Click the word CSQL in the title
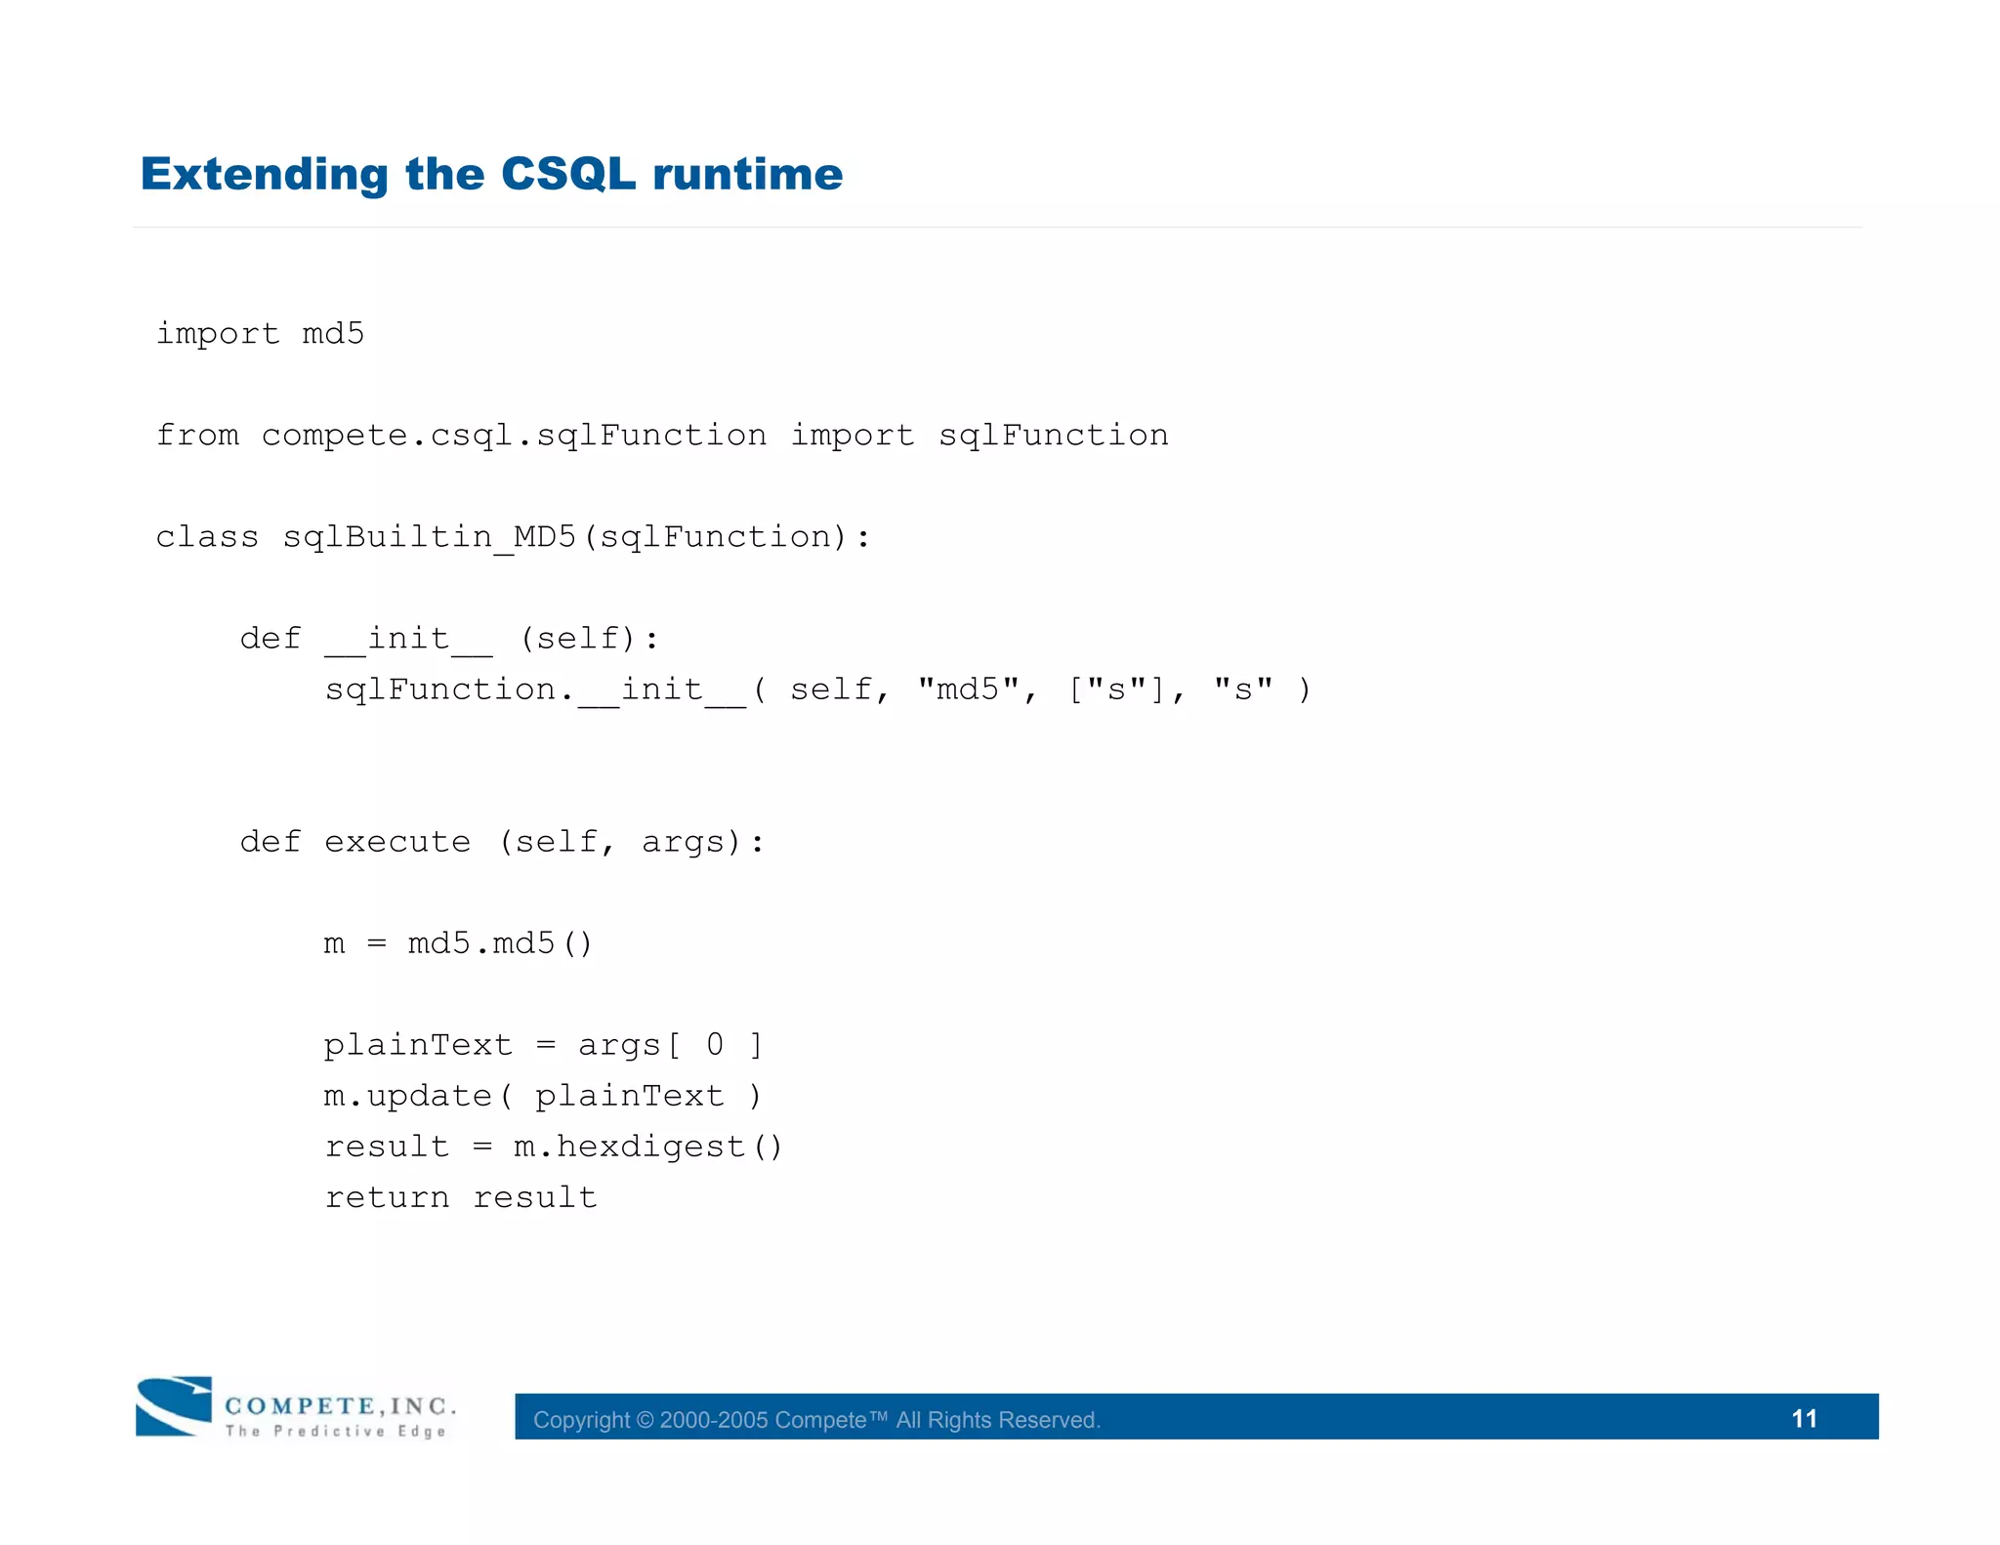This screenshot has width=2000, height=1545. pyautogui.click(x=567, y=175)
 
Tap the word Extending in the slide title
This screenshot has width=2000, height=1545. pyautogui.click(x=265, y=175)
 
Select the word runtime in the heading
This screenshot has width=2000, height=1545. pyautogui.click(x=747, y=175)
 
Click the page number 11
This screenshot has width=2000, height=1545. pyautogui.click(x=1804, y=1418)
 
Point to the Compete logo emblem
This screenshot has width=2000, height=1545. pyautogui.click(x=174, y=1405)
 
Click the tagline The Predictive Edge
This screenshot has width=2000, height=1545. pyautogui.click(x=335, y=1431)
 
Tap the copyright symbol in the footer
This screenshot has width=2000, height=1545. pyautogui.click(x=645, y=1420)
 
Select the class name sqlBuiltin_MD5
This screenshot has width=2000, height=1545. pyautogui.click(x=429, y=537)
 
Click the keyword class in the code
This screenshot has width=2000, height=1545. pyautogui.click(x=207, y=537)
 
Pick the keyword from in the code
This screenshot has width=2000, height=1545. pyautogui.click(x=197, y=436)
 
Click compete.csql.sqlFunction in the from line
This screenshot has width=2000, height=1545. pyautogui.click(x=514, y=436)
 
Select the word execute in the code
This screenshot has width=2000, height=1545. pyautogui.click(x=397, y=842)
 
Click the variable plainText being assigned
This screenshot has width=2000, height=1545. pyautogui.click(x=418, y=1045)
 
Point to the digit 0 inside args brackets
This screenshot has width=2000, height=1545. pyautogui.click(x=715, y=1045)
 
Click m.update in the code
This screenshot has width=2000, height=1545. pyautogui.click(x=407, y=1096)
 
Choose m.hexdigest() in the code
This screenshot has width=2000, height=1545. pyautogui.click(x=648, y=1147)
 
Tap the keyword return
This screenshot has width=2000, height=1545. pyautogui.click(x=387, y=1197)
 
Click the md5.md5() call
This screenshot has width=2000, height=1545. pyautogui.click(x=500, y=943)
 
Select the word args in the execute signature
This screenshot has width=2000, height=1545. pyautogui.click(x=684, y=842)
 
